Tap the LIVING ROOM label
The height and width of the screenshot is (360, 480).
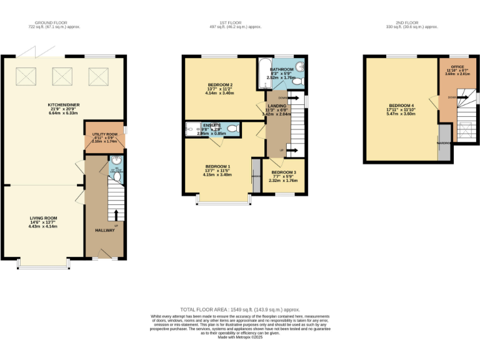(42, 218)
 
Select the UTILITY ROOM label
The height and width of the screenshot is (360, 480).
(104, 134)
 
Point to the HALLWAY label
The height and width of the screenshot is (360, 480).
(104, 231)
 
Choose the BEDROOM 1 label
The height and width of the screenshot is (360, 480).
(217, 166)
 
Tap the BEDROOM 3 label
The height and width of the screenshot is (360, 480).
(283, 172)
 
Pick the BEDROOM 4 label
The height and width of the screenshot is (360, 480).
(401, 105)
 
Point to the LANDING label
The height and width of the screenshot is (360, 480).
(277, 106)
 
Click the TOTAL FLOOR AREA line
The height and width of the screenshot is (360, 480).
(240, 310)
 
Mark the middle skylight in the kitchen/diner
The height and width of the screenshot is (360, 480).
(62, 76)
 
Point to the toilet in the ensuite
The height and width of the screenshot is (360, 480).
(232, 129)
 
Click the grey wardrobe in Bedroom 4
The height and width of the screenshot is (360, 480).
(444, 142)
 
